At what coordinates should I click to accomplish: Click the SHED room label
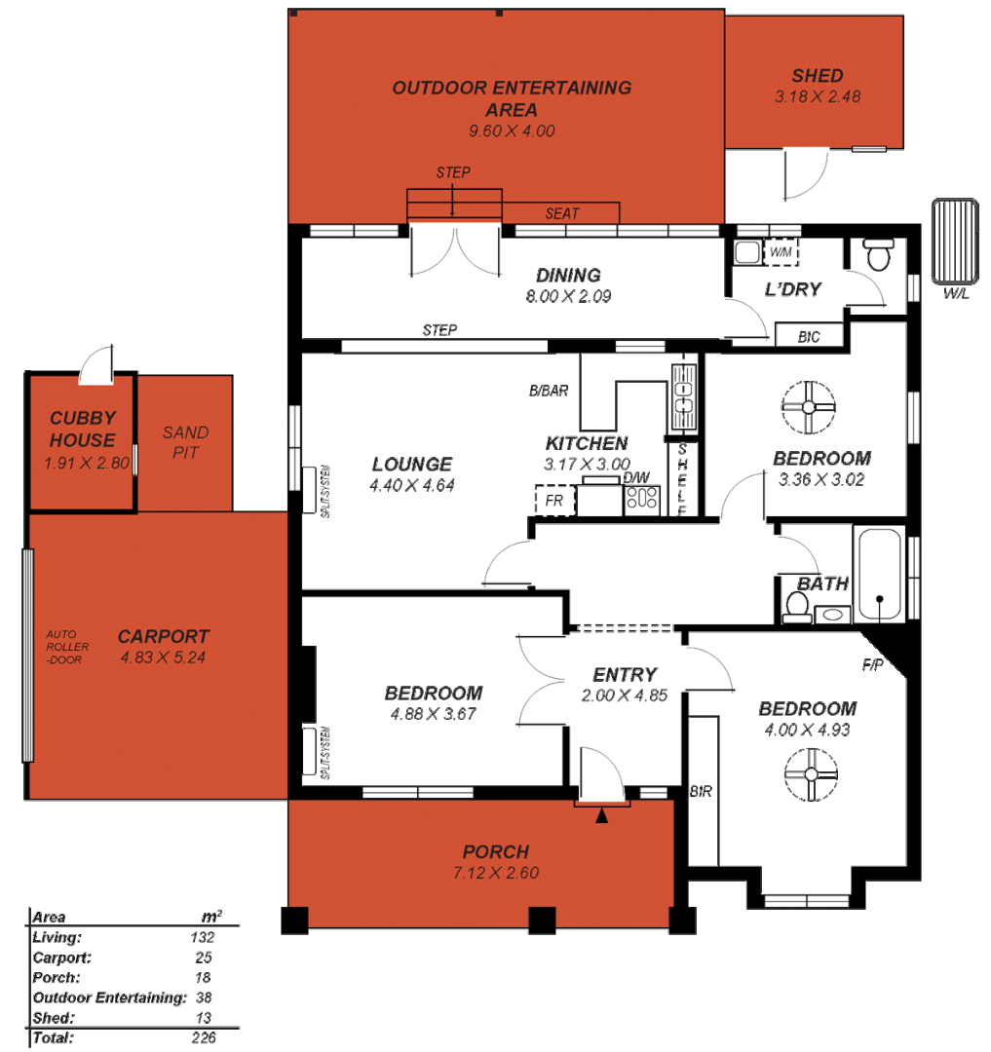pyautogui.click(x=817, y=76)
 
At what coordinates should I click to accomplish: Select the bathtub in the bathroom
pyautogui.click(x=879, y=574)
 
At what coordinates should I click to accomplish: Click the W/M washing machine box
pyautogui.click(x=780, y=252)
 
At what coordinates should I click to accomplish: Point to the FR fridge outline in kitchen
pyautogui.click(x=554, y=501)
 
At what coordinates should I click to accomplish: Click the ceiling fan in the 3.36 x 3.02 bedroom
pyautogui.click(x=809, y=408)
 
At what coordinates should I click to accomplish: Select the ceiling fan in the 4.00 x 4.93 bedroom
pyautogui.click(x=811, y=775)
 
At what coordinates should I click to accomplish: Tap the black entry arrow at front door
pyautogui.click(x=602, y=815)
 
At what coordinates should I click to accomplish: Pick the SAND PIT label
pyautogui.click(x=185, y=443)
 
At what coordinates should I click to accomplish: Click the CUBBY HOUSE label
pyautogui.click(x=83, y=429)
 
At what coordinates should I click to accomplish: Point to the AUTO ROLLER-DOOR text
pyautogui.click(x=67, y=646)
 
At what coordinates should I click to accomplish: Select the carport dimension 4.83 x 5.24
pyautogui.click(x=163, y=658)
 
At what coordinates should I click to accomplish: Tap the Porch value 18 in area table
pyautogui.click(x=203, y=977)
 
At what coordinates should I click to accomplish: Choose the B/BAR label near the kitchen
pyautogui.click(x=549, y=392)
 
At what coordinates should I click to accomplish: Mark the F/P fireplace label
pyautogui.click(x=872, y=665)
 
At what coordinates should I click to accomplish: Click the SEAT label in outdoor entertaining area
pyautogui.click(x=561, y=213)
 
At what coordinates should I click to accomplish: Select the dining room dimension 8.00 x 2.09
pyautogui.click(x=568, y=296)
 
